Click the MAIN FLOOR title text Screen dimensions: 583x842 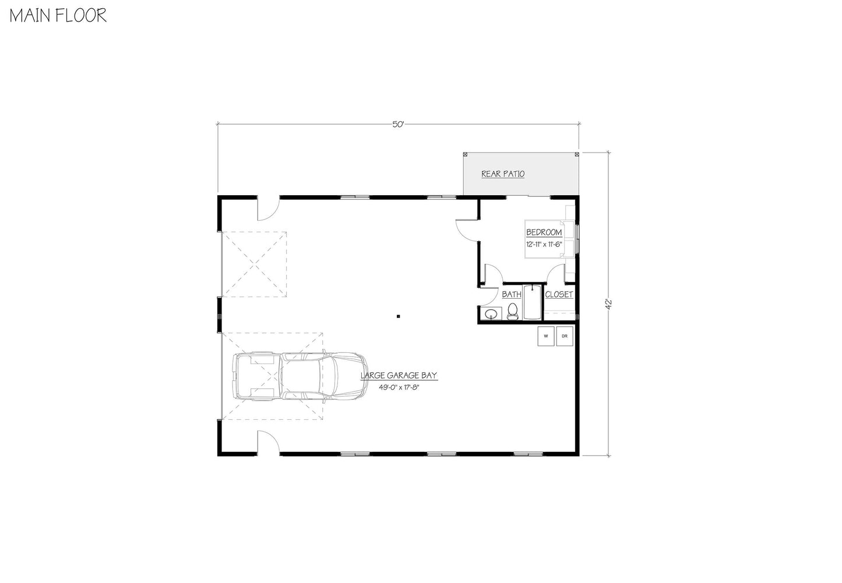[58, 15]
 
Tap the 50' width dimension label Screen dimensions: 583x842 [398, 124]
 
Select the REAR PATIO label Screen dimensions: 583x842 [503, 174]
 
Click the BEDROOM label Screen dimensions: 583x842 [544, 232]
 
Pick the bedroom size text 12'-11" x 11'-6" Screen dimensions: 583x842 [544, 244]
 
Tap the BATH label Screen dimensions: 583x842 [512, 294]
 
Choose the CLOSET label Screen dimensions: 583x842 [559, 294]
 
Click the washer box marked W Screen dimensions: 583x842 [546, 336]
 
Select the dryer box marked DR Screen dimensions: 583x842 [565, 336]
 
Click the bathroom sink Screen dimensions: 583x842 [491, 315]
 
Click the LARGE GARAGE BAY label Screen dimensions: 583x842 [399, 376]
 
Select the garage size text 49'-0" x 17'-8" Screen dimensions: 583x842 [399, 387]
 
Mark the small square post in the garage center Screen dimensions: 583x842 [398, 316]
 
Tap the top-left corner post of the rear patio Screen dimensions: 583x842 [465, 154]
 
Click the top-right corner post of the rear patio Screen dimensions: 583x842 [577, 154]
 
